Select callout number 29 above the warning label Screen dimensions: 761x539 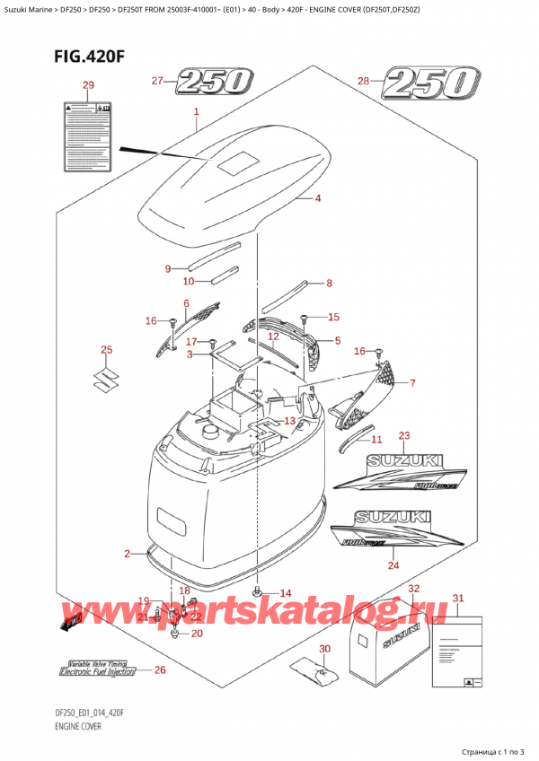click(86, 85)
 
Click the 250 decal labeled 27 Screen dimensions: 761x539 click(214, 83)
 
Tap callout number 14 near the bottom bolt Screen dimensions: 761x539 click(286, 593)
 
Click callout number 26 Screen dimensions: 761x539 click(160, 669)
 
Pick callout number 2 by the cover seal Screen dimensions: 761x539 click(128, 553)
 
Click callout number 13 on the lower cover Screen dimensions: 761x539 click(289, 421)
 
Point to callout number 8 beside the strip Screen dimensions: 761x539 click(329, 284)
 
